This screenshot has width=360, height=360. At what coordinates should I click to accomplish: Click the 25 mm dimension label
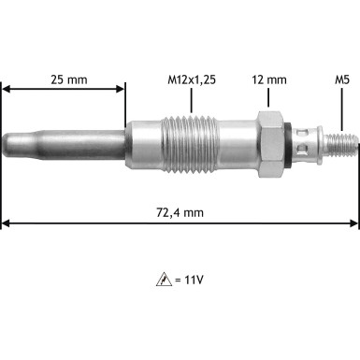69,79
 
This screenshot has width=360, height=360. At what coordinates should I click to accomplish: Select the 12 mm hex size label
269,79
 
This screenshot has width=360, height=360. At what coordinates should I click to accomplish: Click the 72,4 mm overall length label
180,212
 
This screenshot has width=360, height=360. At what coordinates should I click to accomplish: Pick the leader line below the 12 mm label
269,97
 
